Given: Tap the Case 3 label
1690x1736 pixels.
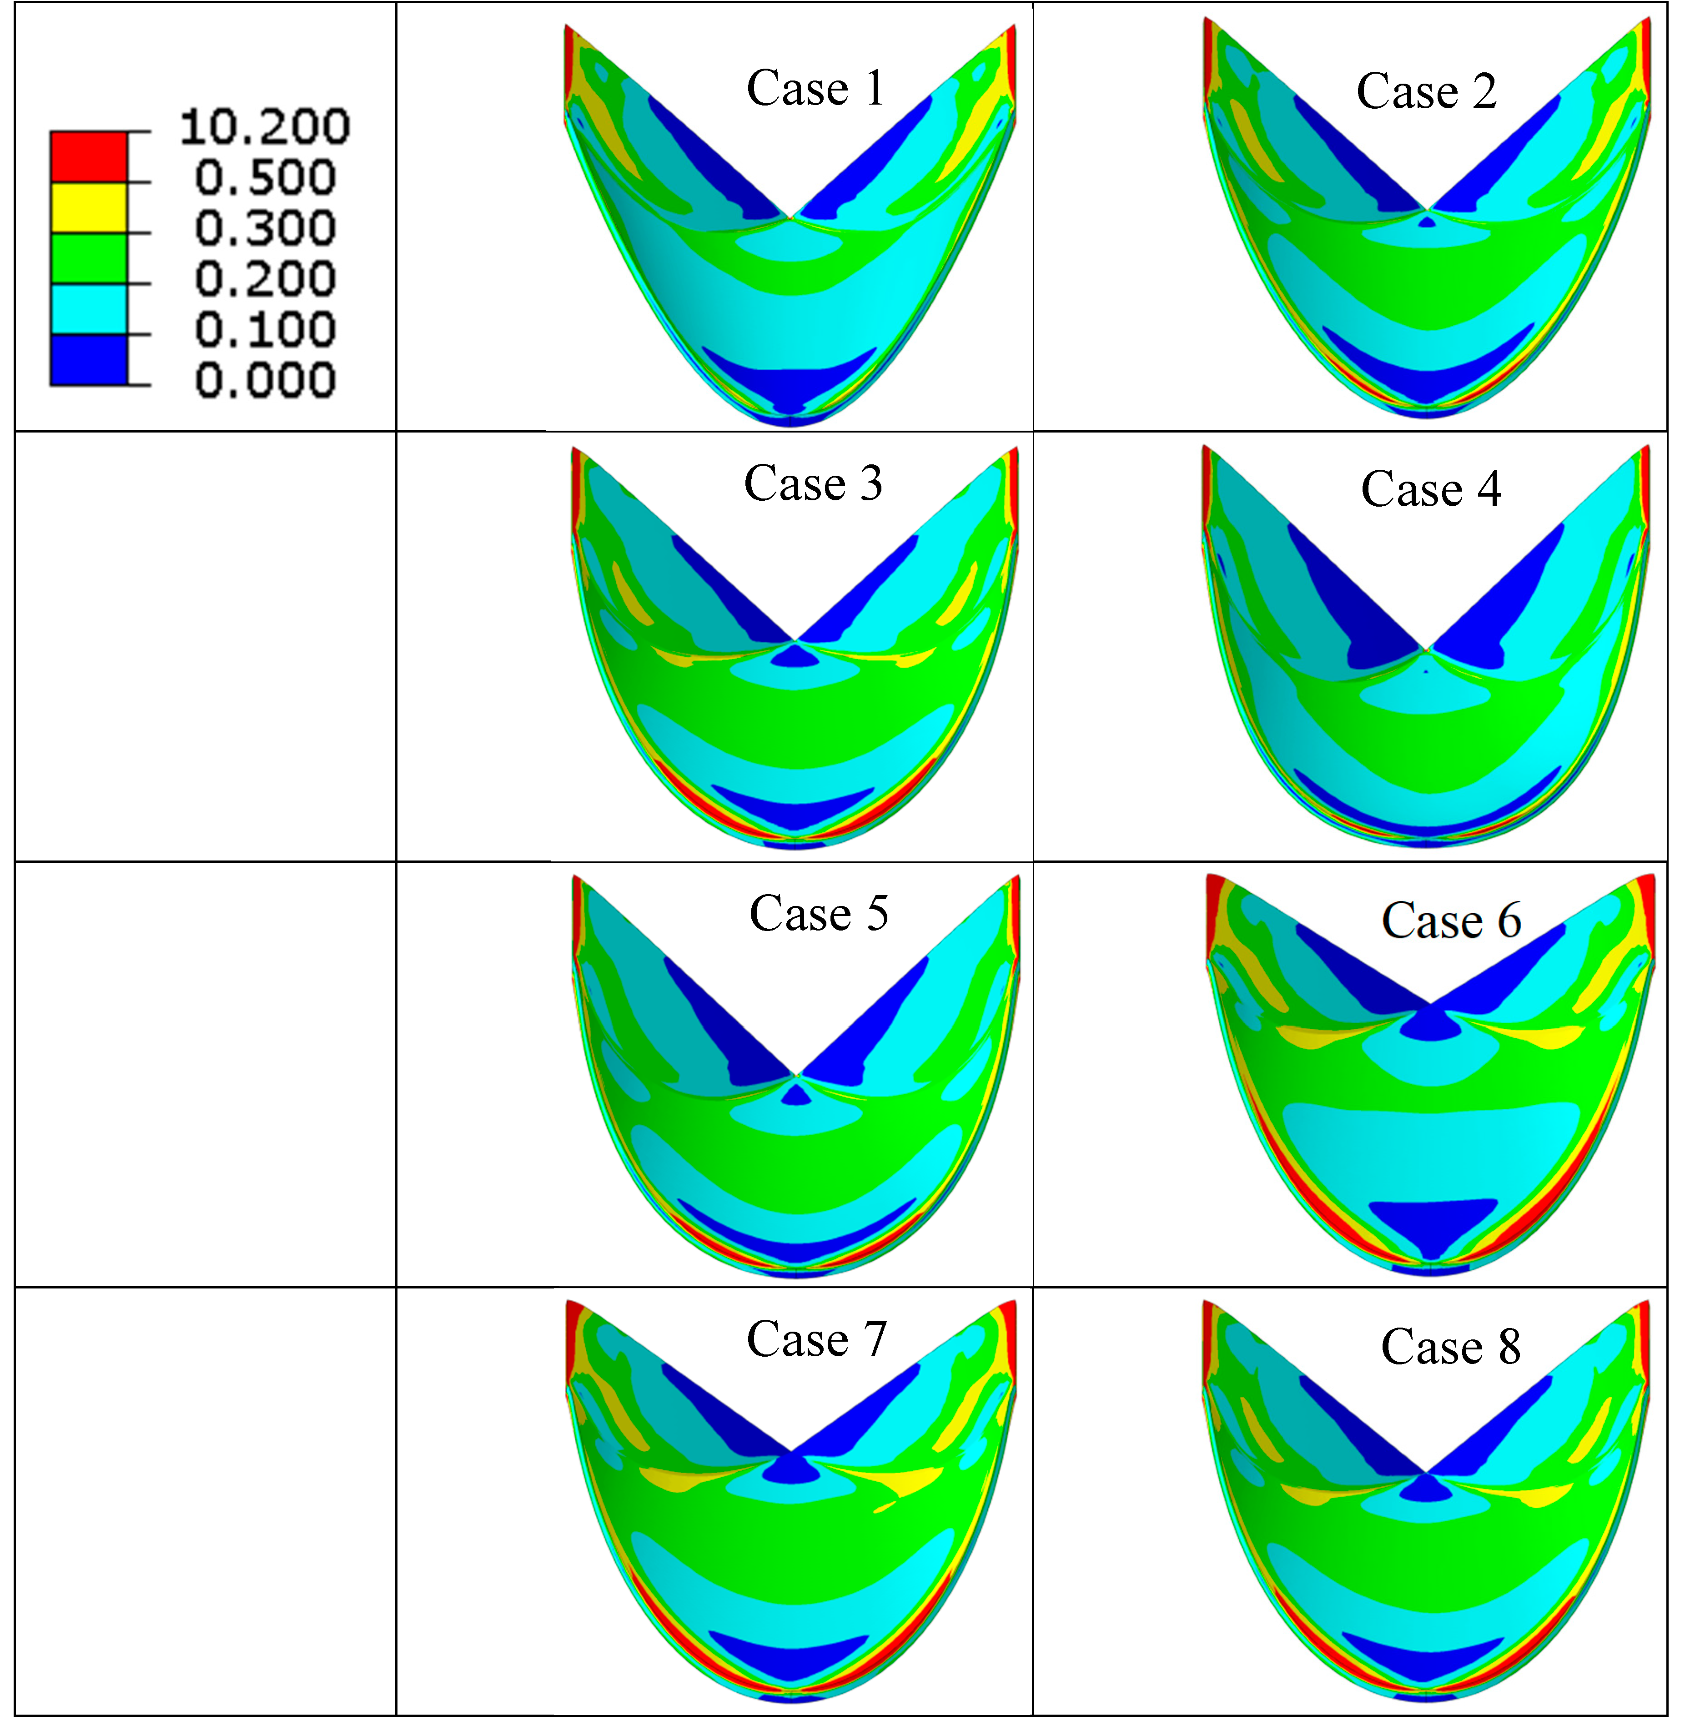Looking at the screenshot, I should click(x=813, y=484).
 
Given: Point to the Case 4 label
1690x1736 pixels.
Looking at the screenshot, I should click(x=1431, y=489).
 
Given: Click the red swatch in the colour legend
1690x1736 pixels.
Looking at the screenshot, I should click(x=89, y=157).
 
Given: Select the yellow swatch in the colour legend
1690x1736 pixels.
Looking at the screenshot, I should click(x=89, y=208).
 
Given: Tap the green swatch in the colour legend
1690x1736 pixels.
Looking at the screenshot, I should click(x=89, y=258).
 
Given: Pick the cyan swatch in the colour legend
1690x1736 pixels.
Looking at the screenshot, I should click(x=89, y=309).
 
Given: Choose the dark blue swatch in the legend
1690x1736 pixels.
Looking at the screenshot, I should click(x=89, y=359).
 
